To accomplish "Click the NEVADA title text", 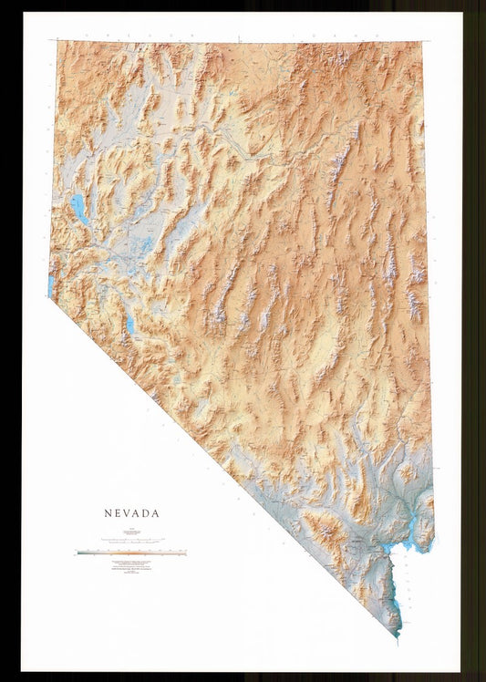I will [x=131, y=513].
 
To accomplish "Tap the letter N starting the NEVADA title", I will [x=107, y=513].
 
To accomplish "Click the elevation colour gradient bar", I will [x=131, y=553].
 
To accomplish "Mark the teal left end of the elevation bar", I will [x=80, y=553].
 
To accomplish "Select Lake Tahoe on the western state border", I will [x=51, y=285].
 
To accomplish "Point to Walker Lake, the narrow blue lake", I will [x=130, y=323].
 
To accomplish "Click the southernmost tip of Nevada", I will [x=398, y=635].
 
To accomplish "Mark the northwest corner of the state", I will [x=57, y=42].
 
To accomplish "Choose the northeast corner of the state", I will [x=421, y=42].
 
